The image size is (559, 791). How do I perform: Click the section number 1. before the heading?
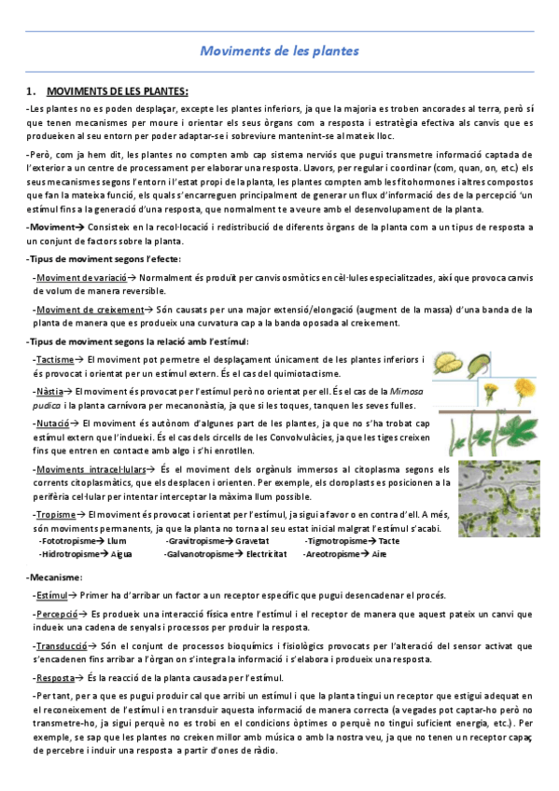tap(32, 91)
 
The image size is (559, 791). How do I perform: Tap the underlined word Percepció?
tap(56, 615)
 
